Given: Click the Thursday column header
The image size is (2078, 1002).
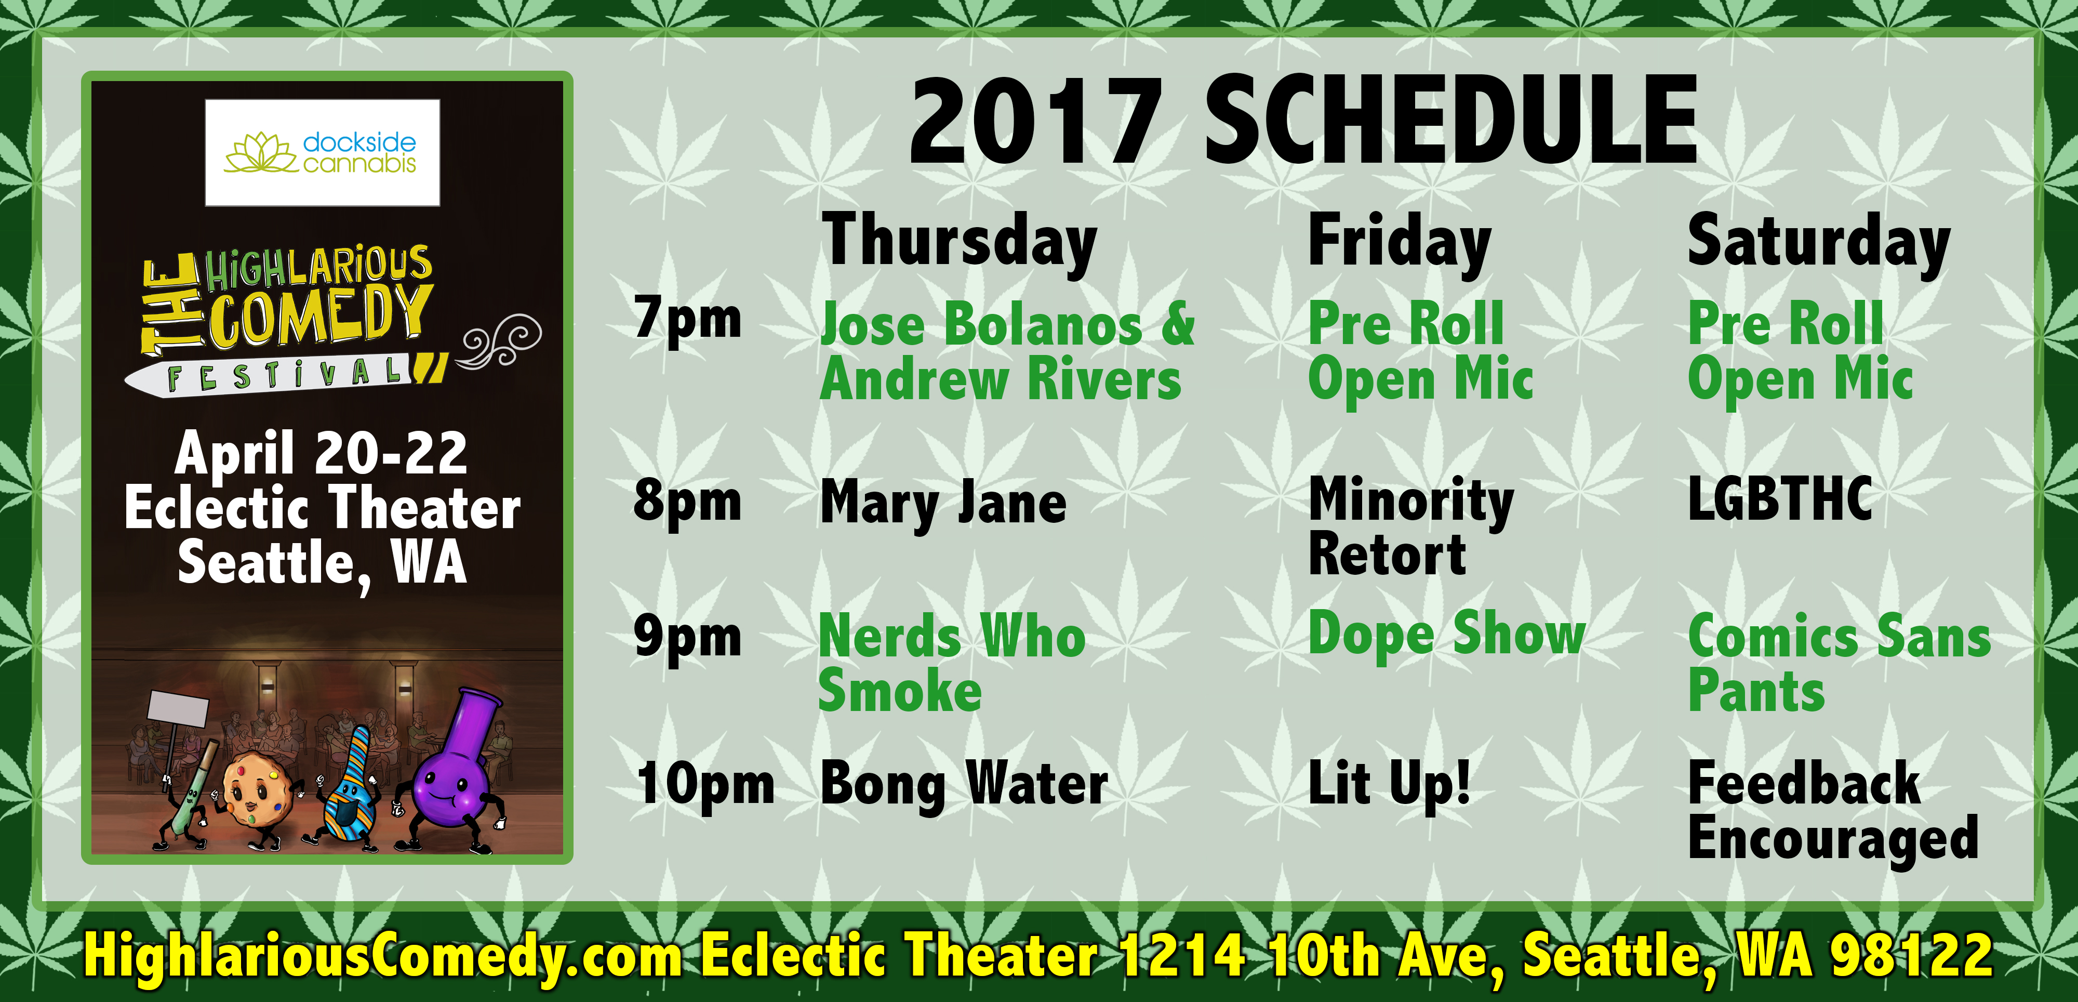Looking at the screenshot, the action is pos(959,243).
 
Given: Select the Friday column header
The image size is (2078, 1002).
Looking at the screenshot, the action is pos(1400,243).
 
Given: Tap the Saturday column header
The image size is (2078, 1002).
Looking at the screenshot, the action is pos(1819,243).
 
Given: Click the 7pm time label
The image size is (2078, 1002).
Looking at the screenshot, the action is pos(687,320).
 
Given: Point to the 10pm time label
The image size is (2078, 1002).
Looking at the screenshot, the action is pos(705,785).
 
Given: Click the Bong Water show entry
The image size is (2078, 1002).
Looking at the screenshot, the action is pos(965,784).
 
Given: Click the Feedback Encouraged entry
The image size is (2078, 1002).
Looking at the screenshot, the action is pos(1833,812).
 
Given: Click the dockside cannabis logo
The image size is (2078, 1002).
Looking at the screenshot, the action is pos(323,152).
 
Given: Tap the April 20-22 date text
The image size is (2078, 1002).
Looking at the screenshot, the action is pos(321,453).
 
